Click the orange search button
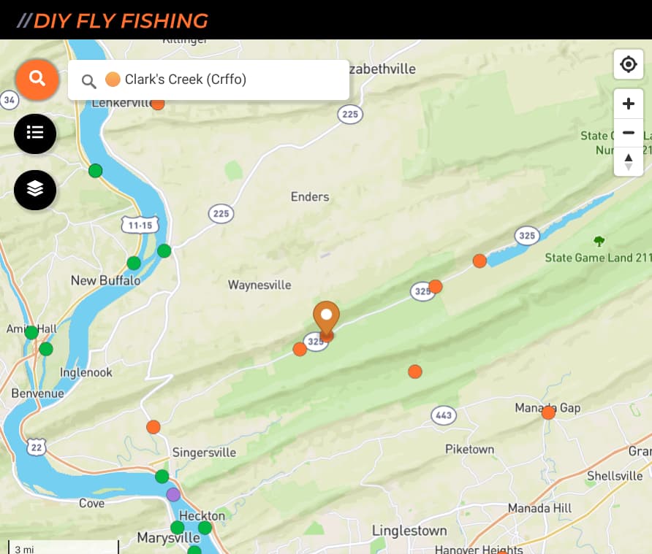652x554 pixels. pyautogui.click(x=37, y=79)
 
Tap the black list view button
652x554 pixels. pyautogui.click(x=35, y=134)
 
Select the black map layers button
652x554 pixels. pyautogui.click(x=35, y=189)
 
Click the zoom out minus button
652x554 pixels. pyautogui.click(x=628, y=133)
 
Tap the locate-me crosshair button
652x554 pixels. pyautogui.click(x=628, y=65)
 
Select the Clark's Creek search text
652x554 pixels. pyautogui.click(x=186, y=80)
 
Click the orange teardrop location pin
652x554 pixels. pyautogui.click(x=327, y=319)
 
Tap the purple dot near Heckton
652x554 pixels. pyautogui.click(x=173, y=495)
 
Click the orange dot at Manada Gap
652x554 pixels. pyautogui.click(x=548, y=412)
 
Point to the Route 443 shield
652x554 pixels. pyautogui.click(x=443, y=415)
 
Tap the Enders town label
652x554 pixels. pyautogui.click(x=310, y=197)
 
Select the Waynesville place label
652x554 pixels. pyautogui.click(x=259, y=285)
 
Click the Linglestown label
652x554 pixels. pyautogui.click(x=409, y=531)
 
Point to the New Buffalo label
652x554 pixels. pyautogui.click(x=105, y=280)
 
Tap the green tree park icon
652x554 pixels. pyautogui.click(x=599, y=241)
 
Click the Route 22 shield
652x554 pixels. pyautogui.click(x=37, y=447)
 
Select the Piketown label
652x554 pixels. pyautogui.click(x=470, y=450)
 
